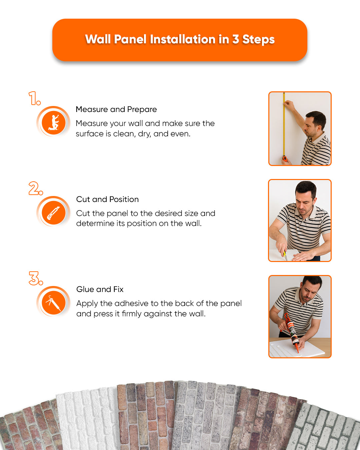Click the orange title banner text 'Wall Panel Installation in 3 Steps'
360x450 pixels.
click(180, 39)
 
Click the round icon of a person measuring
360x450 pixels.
click(53, 122)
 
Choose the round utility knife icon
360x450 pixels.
click(53, 212)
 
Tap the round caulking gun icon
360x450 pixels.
click(53, 302)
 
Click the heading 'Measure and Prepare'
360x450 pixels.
click(116, 109)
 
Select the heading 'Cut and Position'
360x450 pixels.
click(107, 199)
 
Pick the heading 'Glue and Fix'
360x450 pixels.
click(100, 289)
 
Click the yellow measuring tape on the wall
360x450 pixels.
click(284, 127)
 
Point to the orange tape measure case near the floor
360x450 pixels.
click(285, 159)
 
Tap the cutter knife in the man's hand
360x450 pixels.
click(285, 255)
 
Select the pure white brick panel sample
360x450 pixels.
click(87, 420)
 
